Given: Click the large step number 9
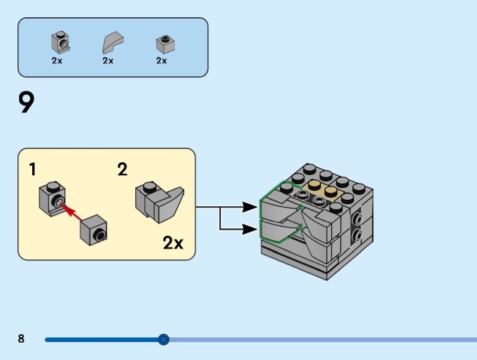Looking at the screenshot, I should pos(27,103).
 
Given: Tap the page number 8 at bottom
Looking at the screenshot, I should pos(21,339).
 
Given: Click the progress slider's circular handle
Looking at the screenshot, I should pos(164,340).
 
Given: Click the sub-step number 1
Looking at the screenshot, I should pos(33,170).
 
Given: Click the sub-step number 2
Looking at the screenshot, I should pos(122,170).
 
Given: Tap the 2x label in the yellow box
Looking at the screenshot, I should pos(173,243).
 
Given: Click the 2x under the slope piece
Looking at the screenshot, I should pos(108,61).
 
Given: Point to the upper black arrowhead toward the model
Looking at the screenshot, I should pos(252,207).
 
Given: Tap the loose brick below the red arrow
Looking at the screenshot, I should pos(94,229).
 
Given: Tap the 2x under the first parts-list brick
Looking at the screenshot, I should pos(57,61).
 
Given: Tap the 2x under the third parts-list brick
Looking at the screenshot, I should pos(162,61).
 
